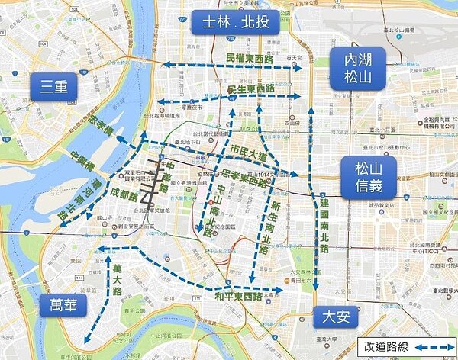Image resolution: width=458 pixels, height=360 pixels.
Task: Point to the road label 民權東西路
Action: pos(252,58)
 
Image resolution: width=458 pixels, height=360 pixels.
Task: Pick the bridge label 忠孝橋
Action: pos(99,136)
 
